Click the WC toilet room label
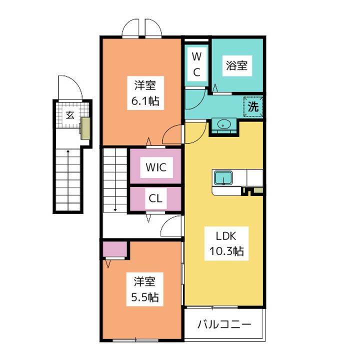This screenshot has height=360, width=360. click(x=196, y=63)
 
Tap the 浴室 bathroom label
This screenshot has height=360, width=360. click(x=236, y=65)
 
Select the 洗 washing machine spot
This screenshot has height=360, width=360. click(x=253, y=106)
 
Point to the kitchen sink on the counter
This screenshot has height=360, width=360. click(x=222, y=177)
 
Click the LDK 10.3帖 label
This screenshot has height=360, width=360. click(x=224, y=243)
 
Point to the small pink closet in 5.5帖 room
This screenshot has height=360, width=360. click(x=115, y=248)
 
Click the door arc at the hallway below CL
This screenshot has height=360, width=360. click(x=171, y=227)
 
